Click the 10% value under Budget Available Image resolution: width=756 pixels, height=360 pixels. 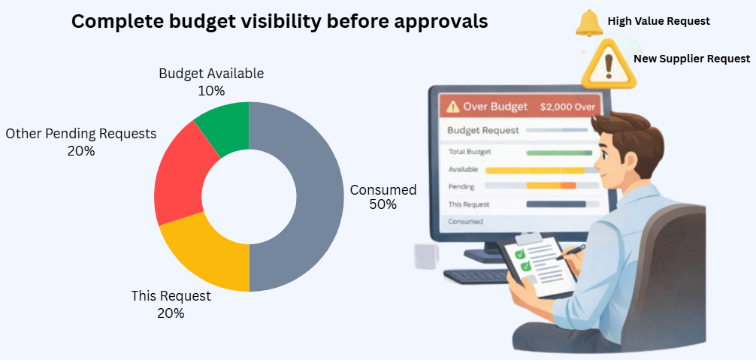(x=211, y=91)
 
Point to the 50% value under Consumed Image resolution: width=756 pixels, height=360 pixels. (x=383, y=204)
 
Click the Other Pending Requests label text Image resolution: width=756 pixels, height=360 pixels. (x=81, y=134)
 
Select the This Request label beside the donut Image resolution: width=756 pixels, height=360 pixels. (x=171, y=295)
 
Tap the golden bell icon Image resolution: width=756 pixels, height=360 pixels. (x=589, y=23)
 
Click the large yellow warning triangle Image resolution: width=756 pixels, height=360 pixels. (x=609, y=64)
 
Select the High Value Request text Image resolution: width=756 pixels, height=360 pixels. (x=658, y=21)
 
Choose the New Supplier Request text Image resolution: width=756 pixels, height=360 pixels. (x=692, y=59)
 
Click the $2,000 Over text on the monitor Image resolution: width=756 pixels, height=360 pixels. (x=567, y=107)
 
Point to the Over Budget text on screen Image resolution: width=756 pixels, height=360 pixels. (x=495, y=107)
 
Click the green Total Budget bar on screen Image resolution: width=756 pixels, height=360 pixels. (x=559, y=153)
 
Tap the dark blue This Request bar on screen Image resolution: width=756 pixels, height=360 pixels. (x=556, y=204)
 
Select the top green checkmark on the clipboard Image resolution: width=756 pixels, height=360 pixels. (x=520, y=254)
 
